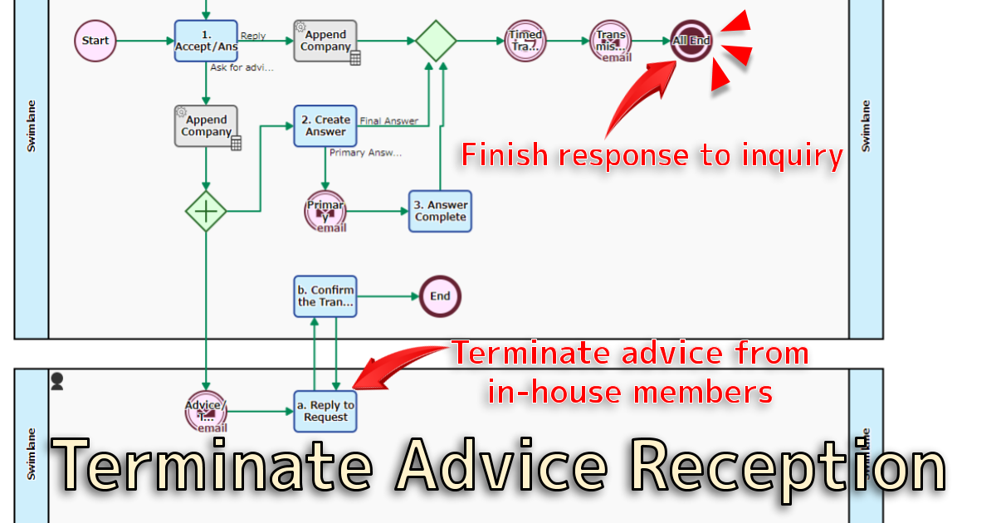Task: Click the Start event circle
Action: pyautogui.click(x=95, y=41)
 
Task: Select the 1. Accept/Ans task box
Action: pyautogui.click(x=206, y=41)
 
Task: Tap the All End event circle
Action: pyautogui.click(x=691, y=41)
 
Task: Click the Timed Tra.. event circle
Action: pyautogui.click(x=525, y=41)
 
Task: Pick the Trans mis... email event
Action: pyautogui.click(x=611, y=41)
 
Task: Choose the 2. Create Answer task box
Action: pyautogui.click(x=325, y=126)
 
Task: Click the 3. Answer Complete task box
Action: pyautogui.click(x=440, y=211)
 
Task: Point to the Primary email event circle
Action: pyautogui.click(x=325, y=212)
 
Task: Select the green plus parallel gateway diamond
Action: pyautogui.click(x=206, y=211)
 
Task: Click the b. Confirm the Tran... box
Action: pyautogui.click(x=325, y=296)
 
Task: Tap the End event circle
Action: pyautogui.click(x=440, y=296)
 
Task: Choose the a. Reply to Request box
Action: pyautogui.click(x=325, y=410)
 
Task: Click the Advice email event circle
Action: pyautogui.click(x=206, y=410)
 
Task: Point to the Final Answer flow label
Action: pyautogui.click(x=388, y=121)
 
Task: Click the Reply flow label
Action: pyautogui.click(x=252, y=37)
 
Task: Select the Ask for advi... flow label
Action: pyautogui.click(x=242, y=68)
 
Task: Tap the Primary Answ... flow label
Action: pyautogui.click(x=365, y=153)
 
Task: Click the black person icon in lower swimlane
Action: pyautogui.click(x=58, y=382)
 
